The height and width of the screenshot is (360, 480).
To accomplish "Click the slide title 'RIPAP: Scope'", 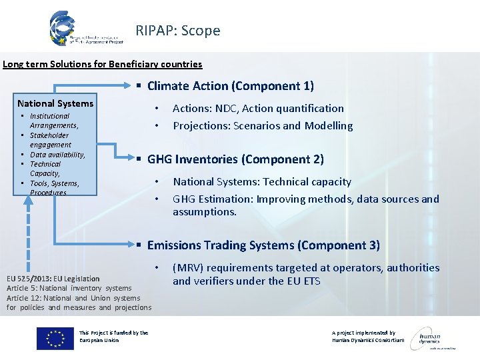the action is click(x=177, y=31).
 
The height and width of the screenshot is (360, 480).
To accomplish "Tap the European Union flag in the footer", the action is click(x=55, y=338).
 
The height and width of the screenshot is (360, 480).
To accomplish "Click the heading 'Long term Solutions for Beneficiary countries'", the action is click(x=103, y=65).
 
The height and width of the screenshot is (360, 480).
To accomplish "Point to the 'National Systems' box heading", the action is click(x=55, y=103).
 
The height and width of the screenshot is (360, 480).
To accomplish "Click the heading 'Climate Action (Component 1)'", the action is click(x=230, y=86).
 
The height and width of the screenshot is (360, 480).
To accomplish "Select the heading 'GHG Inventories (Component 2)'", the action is click(x=235, y=159).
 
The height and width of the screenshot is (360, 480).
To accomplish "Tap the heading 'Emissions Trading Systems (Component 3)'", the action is click(x=263, y=245).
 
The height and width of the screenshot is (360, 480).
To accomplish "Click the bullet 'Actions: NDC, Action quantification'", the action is click(x=258, y=109).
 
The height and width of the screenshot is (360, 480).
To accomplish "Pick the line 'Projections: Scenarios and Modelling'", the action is click(x=263, y=126).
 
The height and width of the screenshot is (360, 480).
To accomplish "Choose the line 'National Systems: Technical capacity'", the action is click(x=262, y=182).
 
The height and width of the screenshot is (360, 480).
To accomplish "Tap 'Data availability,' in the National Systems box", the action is click(x=57, y=155).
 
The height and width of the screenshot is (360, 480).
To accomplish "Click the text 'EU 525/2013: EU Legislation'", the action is click(x=53, y=279).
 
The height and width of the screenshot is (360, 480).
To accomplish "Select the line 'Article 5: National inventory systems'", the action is click(x=69, y=288).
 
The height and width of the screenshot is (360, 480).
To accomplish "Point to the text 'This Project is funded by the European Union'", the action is click(x=113, y=336).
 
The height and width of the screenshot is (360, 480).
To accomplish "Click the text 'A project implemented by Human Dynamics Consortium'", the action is click(x=367, y=336).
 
